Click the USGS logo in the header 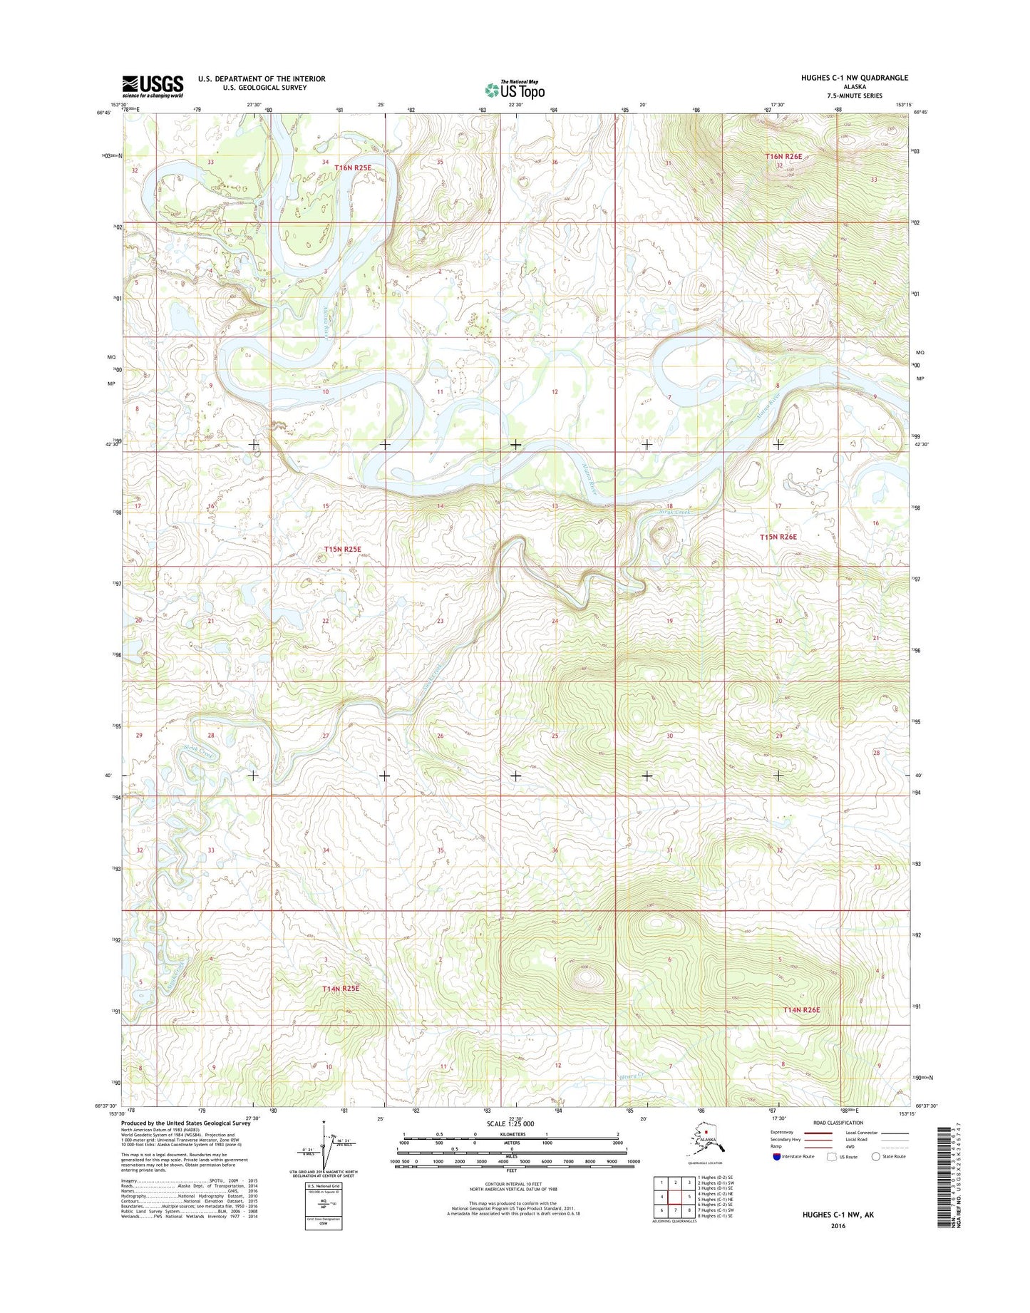point(153,86)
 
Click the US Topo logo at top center point(515,90)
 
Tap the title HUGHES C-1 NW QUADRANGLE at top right point(844,78)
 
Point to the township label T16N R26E point(784,156)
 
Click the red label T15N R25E point(343,550)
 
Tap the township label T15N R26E point(778,537)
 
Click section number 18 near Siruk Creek point(669,506)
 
